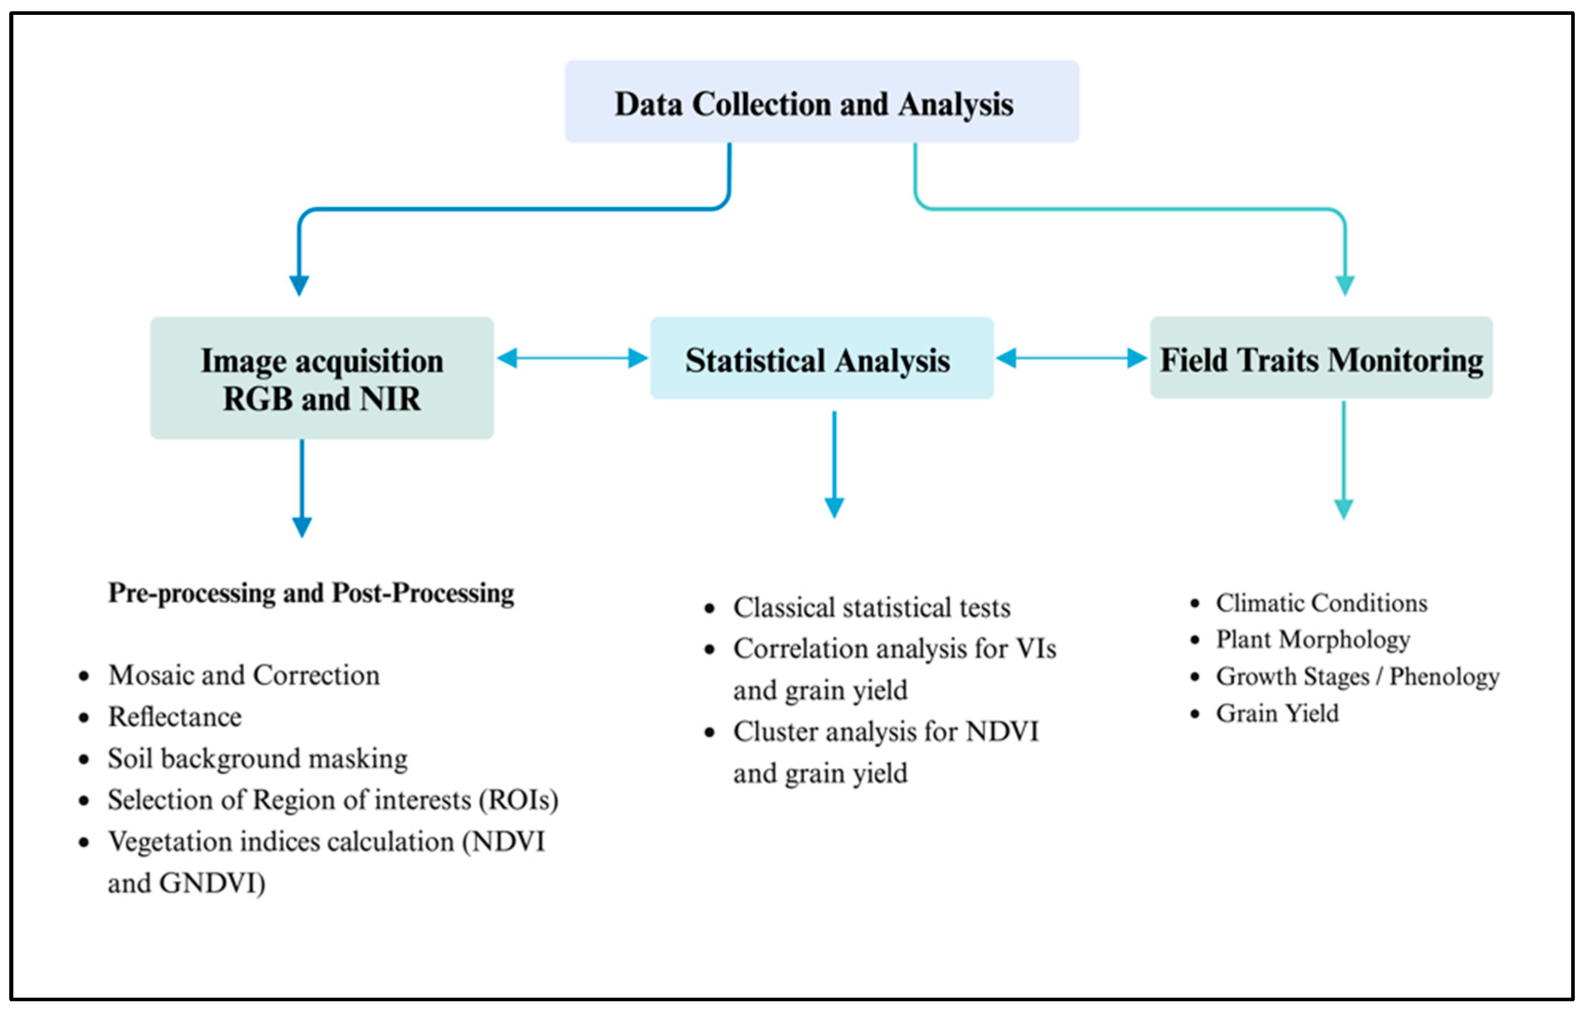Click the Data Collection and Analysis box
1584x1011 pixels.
(x=822, y=102)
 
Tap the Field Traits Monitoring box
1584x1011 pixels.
(x=1321, y=359)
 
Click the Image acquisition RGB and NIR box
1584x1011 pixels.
(x=322, y=378)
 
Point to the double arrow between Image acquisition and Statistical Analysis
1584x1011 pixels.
(x=572, y=359)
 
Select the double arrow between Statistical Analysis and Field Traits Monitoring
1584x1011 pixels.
(x=1072, y=359)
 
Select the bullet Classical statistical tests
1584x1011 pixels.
(x=872, y=608)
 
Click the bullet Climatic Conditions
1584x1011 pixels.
(x=1321, y=603)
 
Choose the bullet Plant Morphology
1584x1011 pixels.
(x=1312, y=639)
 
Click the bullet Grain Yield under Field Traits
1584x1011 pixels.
(x=1277, y=713)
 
